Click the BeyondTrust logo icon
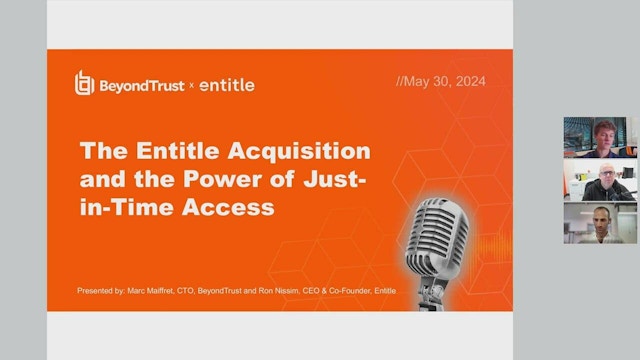(x=85, y=84)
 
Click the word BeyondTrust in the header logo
(x=142, y=85)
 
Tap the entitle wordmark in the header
(x=227, y=85)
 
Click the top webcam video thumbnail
(x=600, y=137)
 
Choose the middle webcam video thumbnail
(x=600, y=180)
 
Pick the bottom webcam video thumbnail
(x=600, y=223)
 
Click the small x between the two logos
(x=192, y=86)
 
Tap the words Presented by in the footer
(x=100, y=291)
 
